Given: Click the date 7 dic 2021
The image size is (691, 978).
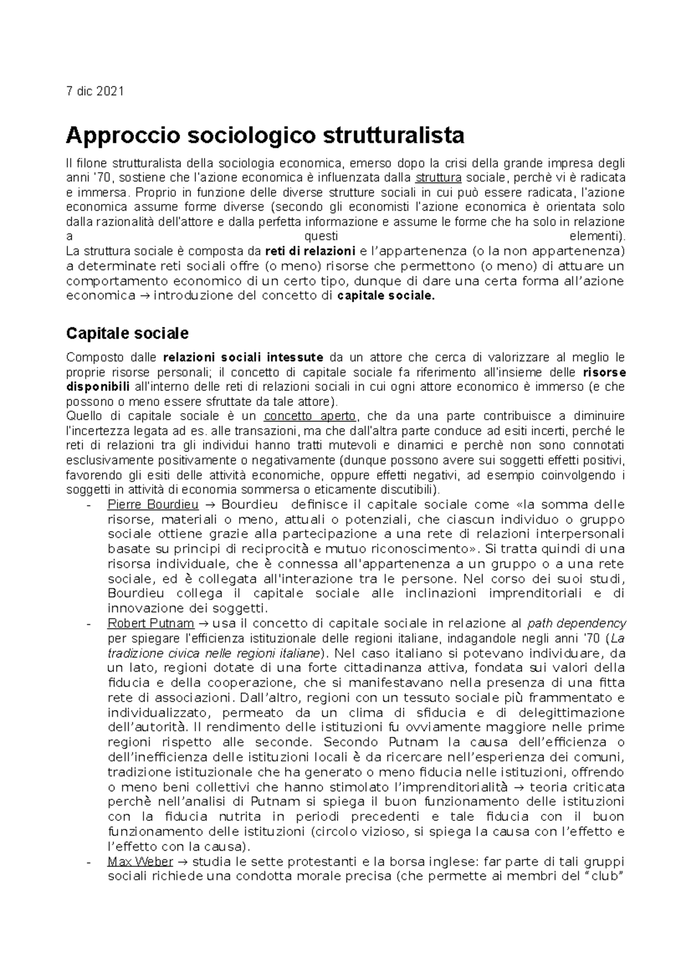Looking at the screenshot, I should coord(94,92).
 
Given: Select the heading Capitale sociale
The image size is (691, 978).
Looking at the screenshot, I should coord(127,333).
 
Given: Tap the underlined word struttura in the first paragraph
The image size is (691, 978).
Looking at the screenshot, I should coord(438,177).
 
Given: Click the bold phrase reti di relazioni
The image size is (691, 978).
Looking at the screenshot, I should coord(310,251).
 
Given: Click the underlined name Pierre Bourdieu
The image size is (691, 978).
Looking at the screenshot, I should coord(153,505).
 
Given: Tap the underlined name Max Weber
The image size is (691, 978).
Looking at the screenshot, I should coord(140,862).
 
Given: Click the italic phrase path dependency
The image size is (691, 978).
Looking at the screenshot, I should coord(576,623).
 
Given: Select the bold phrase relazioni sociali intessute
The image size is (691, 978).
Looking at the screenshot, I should coord(244,357).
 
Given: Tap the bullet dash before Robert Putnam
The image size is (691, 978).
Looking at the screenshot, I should coord(88,624).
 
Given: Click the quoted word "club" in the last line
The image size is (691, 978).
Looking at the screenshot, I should coord(604,877).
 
